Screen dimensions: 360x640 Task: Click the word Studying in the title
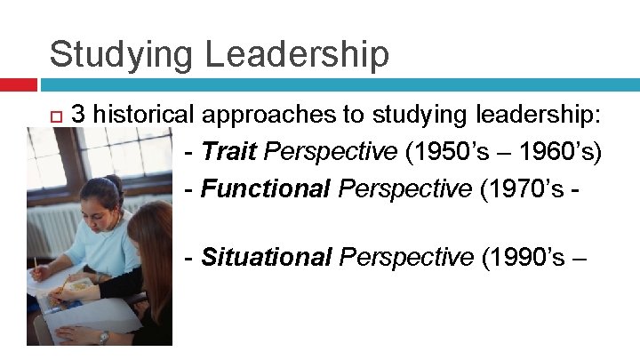point(122,54)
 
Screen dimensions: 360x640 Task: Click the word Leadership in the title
point(297,54)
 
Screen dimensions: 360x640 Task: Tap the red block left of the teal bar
point(18,85)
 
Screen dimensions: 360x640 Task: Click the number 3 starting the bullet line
point(78,115)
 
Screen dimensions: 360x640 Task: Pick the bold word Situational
point(266,258)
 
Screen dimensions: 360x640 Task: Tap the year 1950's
point(454,152)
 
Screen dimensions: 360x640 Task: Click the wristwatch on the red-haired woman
point(103,336)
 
